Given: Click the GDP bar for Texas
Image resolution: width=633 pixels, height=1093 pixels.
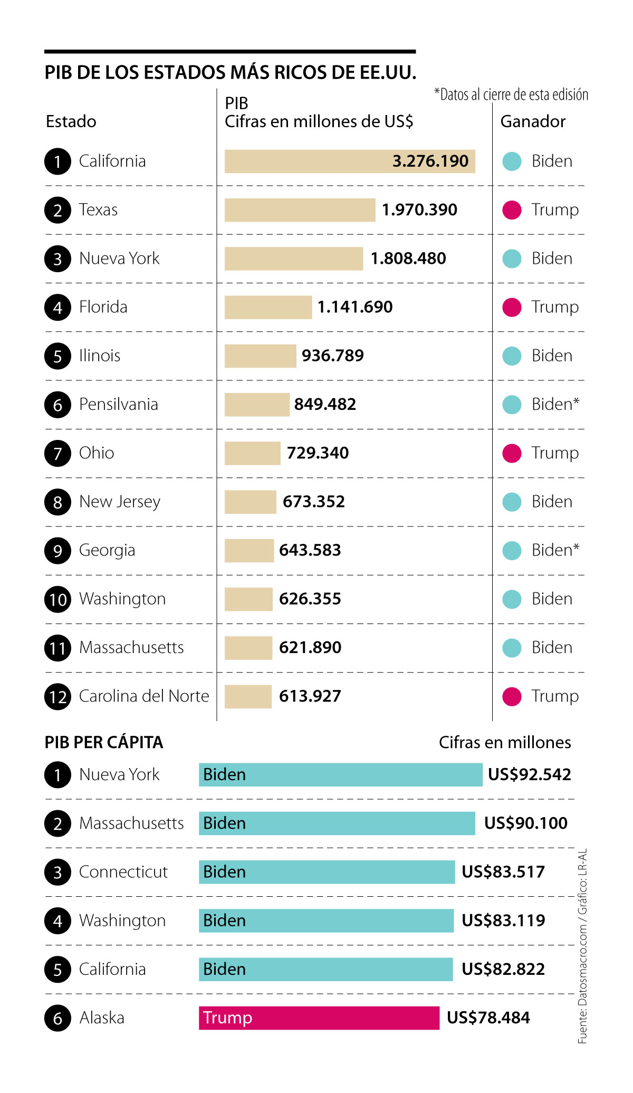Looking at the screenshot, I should click(x=300, y=210).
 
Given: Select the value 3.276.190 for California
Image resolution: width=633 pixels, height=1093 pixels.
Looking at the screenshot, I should click(x=430, y=161).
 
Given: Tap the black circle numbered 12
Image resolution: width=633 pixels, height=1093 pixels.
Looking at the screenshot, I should click(x=58, y=697).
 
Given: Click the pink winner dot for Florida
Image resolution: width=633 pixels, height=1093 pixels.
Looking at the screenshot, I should click(x=512, y=307).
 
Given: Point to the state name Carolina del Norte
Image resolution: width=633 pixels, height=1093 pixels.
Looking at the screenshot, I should click(x=144, y=696).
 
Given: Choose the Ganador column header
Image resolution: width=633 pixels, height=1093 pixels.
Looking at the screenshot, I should click(x=533, y=122).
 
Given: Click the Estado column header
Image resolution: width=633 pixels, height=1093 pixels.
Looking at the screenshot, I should click(x=71, y=122).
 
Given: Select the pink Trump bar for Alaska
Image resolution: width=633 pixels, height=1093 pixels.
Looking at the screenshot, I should click(x=319, y=1018).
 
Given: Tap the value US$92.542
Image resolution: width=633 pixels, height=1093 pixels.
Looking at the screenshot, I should click(x=529, y=775).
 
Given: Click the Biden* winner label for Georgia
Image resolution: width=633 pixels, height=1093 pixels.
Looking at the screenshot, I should click(x=555, y=550).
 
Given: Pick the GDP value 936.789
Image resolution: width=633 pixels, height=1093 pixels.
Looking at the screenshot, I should click(x=333, y=356).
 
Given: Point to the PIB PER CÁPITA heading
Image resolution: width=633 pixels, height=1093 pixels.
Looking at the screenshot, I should click(x=104, y=743).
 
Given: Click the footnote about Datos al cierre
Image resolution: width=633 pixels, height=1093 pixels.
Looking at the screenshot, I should click(x=511, y=95).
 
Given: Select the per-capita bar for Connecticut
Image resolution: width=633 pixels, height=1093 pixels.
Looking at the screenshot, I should click(x=327, y=872).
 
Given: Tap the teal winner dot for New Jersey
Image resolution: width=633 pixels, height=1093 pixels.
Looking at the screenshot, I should click(x=512, y=502).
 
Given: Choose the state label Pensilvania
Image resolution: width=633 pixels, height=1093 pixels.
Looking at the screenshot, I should click(x=119, y=405).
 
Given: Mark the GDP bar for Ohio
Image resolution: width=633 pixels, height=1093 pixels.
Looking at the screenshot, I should click(x=252, y=453).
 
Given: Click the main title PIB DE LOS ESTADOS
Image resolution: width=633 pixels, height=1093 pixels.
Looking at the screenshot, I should click(x=231, y=72).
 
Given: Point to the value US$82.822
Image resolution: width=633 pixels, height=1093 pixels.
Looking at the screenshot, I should click(x=503, y=970).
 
